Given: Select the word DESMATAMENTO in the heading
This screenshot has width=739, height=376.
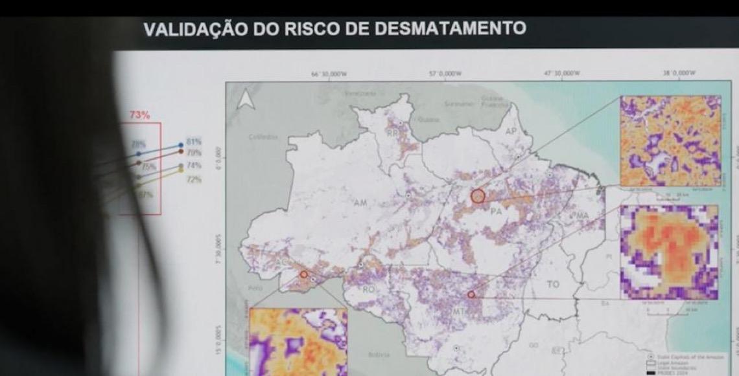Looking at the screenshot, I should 454,28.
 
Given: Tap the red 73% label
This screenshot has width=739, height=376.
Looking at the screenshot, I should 139,115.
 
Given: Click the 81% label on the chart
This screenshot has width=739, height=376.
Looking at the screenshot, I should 194,141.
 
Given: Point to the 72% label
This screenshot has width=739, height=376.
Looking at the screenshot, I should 194,179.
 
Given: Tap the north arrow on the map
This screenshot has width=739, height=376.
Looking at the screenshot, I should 246,100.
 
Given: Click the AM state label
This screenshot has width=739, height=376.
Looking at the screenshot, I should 360,203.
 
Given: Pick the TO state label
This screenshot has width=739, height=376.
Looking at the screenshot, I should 553,284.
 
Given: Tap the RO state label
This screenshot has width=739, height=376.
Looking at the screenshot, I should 368,289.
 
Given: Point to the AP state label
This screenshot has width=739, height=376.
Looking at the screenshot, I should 511,131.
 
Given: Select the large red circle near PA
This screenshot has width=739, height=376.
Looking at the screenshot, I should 478,195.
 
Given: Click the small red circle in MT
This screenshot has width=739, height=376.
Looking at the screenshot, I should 471,294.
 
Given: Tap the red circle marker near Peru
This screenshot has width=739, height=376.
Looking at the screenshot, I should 303,274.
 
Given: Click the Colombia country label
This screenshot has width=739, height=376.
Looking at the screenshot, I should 263,137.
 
